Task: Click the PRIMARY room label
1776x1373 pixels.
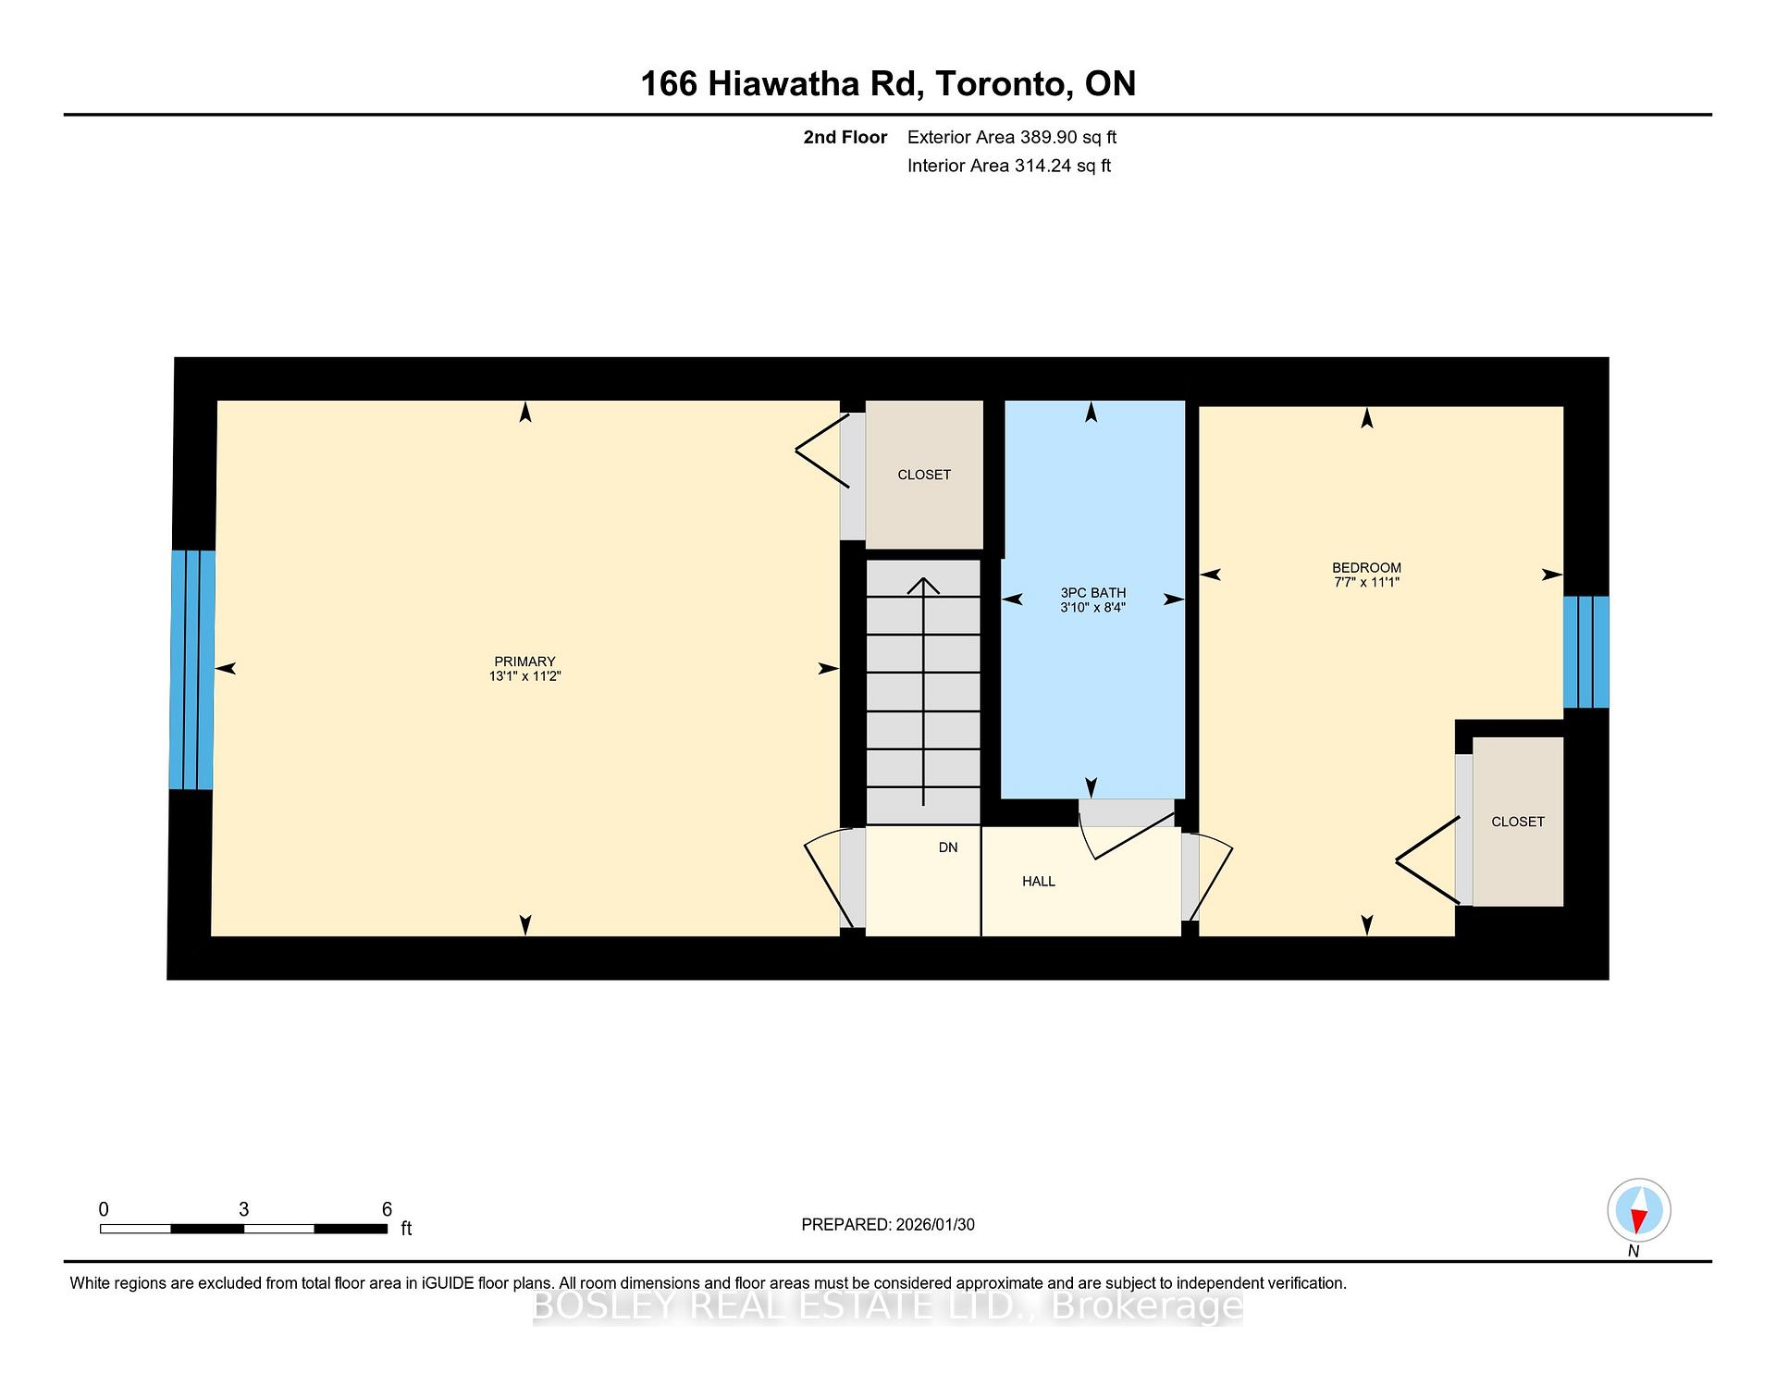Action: click(524, 662)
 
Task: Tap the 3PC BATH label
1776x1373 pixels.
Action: click(1092, 593)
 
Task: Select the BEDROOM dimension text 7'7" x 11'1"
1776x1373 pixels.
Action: click(1366, 583)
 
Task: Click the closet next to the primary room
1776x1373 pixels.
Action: click(924, 475)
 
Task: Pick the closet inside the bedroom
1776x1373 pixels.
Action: click(1518, 822)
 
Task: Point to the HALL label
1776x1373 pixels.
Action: click(1038, 882)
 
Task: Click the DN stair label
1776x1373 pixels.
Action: click(948, 847)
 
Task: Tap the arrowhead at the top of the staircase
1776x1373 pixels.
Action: click(923, 585)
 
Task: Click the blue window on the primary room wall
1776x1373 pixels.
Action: click(192, 670)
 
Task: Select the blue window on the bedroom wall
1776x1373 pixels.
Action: click(1585, 652)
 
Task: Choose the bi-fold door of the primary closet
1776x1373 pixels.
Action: click(821, 451)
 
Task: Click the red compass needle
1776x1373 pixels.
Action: click(1638, 1221)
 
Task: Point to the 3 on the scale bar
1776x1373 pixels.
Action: click(243, 1209)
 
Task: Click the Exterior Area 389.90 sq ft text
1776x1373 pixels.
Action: click(1011, 138)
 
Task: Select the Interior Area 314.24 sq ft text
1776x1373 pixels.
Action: click(1008, 166)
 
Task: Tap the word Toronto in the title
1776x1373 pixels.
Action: click(1003, 84)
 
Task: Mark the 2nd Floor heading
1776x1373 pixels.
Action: click(845, 138)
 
